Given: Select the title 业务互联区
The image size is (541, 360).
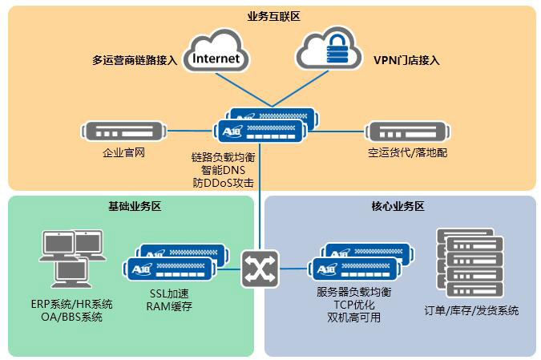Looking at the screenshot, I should (x=273, y=16).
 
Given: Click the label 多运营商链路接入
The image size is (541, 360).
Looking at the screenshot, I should (x=135, y=60).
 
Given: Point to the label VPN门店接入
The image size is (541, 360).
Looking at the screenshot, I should (x=406, y=60).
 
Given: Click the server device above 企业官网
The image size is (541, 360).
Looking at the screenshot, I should (x=123, y=130).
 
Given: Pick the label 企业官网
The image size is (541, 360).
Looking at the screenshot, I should (x=123, y=152).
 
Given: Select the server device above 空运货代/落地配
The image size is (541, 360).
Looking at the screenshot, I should (x=406, y=131).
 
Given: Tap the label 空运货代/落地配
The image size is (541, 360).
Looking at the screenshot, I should (x=406, y=152).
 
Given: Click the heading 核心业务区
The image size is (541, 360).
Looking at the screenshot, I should (x=398, y=206).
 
